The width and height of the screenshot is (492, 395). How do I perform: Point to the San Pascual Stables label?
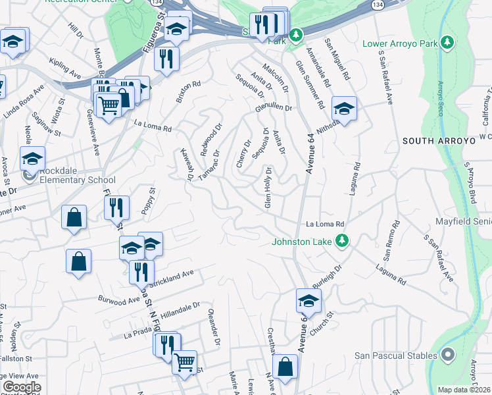(392, 355)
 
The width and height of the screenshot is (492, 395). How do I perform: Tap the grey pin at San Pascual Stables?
(448, 355)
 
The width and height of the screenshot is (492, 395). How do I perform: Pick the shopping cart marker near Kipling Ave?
(109, 105)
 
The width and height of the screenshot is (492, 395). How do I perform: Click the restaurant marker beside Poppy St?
(116, 208)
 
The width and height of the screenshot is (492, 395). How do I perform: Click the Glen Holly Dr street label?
(268, 188)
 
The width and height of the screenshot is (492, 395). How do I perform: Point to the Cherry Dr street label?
(243, 153)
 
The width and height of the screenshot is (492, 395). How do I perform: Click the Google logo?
(22, 387)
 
